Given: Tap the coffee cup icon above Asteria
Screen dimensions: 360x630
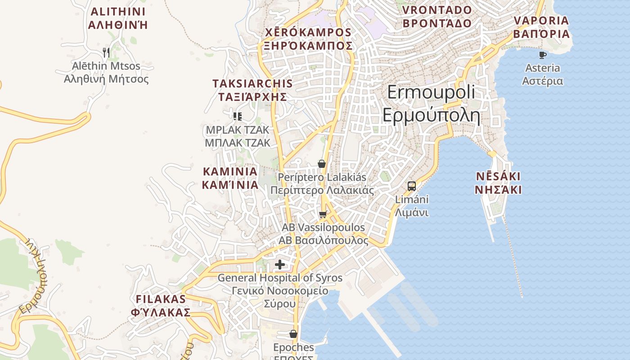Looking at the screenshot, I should [x=543, y=55].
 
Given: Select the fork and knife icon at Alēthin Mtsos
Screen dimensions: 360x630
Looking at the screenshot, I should [x=106, y=53].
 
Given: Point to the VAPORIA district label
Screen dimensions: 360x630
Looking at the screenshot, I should [x=541, y=27].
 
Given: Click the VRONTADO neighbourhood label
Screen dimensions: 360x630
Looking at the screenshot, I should [x=437, y=17].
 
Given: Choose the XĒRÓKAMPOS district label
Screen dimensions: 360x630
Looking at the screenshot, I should [x=308, y=39].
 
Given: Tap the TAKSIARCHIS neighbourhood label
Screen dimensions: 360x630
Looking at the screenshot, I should [x=252, y=90].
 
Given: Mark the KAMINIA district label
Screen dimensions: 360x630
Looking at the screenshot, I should [x=230, y=178].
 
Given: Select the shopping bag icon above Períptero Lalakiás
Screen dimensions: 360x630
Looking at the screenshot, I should [x=322, y=164].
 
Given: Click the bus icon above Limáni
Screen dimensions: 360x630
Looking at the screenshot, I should [x=411, y=186].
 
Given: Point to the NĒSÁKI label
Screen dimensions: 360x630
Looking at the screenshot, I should [x=498, y=183].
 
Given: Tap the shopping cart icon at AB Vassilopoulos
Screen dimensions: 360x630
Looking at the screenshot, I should [x=323, y=215].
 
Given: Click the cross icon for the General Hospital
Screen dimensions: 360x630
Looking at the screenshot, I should [x=280, y=265].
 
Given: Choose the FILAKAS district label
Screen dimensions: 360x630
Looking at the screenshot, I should [x=161, y=306].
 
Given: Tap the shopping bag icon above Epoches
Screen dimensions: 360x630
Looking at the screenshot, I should [x=293, y=334].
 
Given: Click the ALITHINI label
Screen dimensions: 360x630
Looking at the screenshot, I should [x=118, y=18].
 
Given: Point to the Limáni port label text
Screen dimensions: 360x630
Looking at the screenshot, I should [x=412, y=206].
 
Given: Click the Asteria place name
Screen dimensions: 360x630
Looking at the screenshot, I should [x=543, y=74].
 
